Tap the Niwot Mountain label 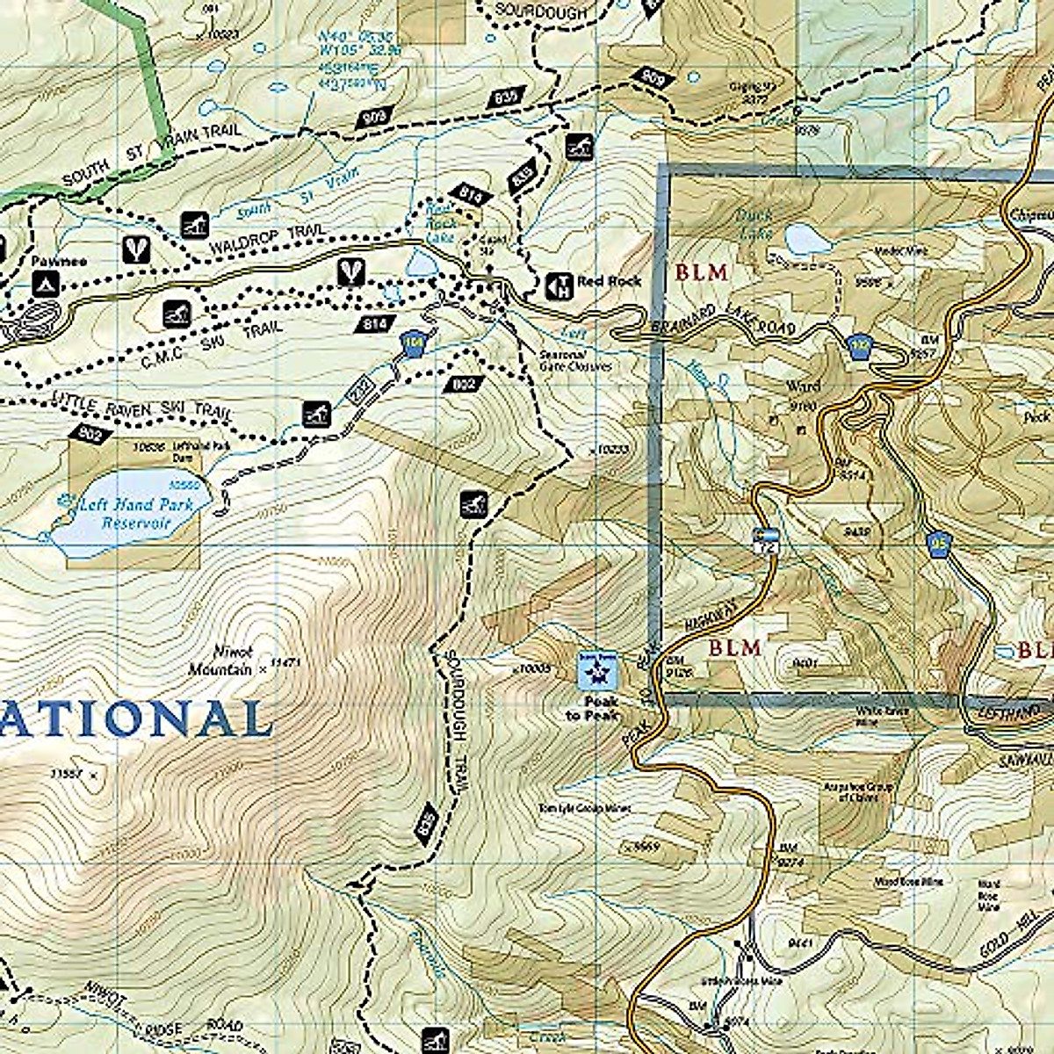[220, 661]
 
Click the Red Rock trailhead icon [558, 284]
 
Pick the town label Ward [802, 386]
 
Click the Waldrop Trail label [268, 240]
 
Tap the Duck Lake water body [805, 237]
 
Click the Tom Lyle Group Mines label [585, 808]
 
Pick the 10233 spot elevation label [612, 450]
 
